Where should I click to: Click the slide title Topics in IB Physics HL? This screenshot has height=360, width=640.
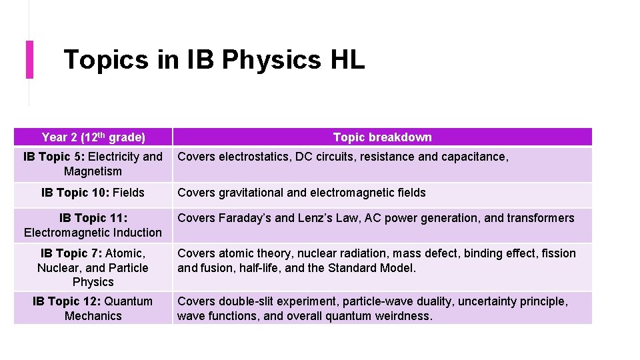point(214,60)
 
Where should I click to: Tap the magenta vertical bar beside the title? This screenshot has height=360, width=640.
point(29,59)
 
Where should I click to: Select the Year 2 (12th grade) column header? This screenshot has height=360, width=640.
point(93,137)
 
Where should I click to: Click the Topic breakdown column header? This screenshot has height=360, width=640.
point(382,137)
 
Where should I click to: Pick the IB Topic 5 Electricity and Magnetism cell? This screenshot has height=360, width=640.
point(93,164)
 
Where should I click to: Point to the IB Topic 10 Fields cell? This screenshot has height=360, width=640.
point(93,193)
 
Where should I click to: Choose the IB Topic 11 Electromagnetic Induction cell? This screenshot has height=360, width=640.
point(93,225)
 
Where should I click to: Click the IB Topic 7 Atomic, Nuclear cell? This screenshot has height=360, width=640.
point(93,267)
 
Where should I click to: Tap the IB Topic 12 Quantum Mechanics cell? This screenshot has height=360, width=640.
point(93,309)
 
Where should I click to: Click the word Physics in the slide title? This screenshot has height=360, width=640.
point(271,60)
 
